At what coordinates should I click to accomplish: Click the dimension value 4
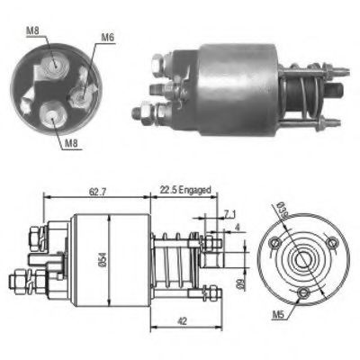click(x=236, y=228)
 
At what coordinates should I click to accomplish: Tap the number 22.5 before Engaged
click(x=169, y=190)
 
